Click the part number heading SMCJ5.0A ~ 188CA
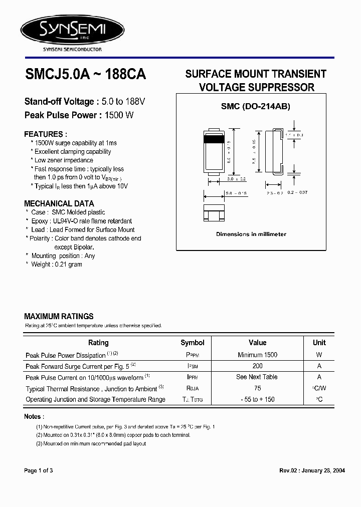coord(85,75)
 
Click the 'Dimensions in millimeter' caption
coord(251,234)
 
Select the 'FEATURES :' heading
coord(46,134)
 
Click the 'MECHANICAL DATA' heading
coord(59,203)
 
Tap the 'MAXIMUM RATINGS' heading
coord(59,316)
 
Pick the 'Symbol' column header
coord(193,343)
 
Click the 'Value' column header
coord(257,343)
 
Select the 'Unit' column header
coord(319,343)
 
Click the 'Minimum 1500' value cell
coord(257,355)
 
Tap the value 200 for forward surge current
coord(257,366)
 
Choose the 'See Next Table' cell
coord(257,377)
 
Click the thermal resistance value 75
coord(257,388)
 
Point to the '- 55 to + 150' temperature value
coord(257,399)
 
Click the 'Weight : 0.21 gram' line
coord(57,264)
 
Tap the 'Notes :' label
coord(34,416)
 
